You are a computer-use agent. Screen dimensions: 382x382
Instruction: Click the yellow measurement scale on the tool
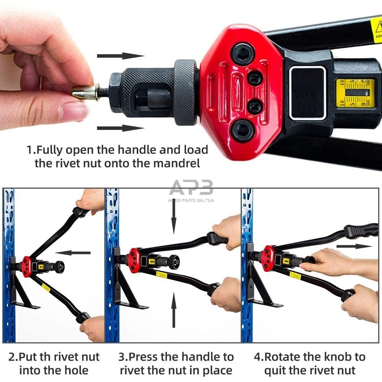point(355,93)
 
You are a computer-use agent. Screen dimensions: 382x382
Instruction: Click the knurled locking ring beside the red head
point(186,92)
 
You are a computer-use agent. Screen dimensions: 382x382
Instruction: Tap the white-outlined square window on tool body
point(308,93)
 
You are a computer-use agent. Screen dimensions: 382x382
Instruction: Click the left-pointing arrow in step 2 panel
point(73,253)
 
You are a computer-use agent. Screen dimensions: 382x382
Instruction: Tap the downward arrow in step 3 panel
point(174,216)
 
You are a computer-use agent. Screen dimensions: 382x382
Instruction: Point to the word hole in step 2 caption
point(75,370)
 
